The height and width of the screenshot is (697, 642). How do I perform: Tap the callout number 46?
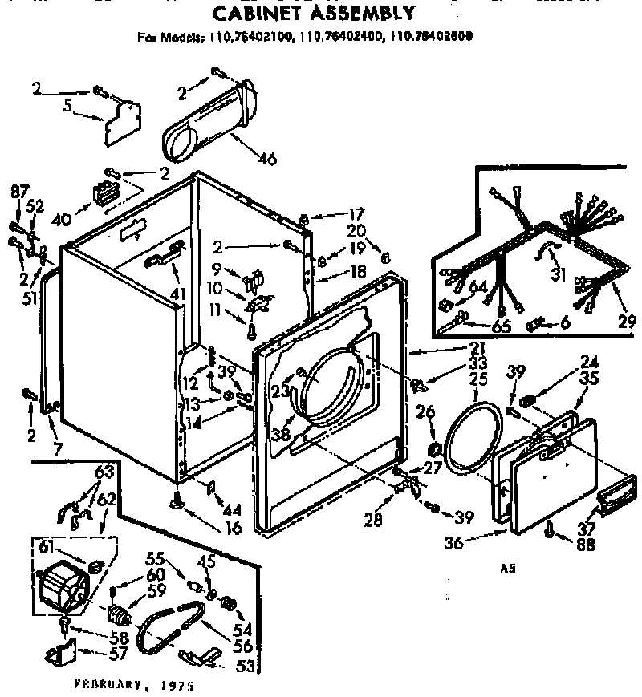click(267, 159)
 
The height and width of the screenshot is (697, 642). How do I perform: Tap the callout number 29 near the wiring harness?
click(623, 323)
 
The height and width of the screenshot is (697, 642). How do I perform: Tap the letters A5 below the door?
click(506, 569)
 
